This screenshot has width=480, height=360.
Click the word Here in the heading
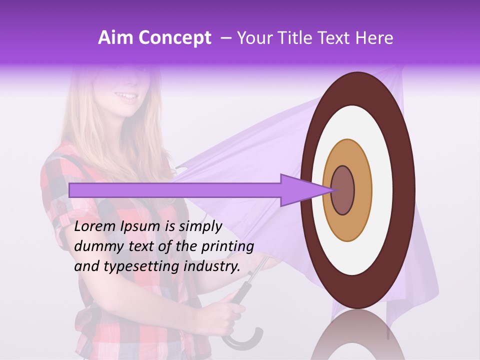coord(375,38)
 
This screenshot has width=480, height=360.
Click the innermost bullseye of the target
coord(343,190)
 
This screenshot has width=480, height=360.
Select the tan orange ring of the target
coord(362,190)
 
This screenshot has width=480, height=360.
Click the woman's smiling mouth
coord(126,96)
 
